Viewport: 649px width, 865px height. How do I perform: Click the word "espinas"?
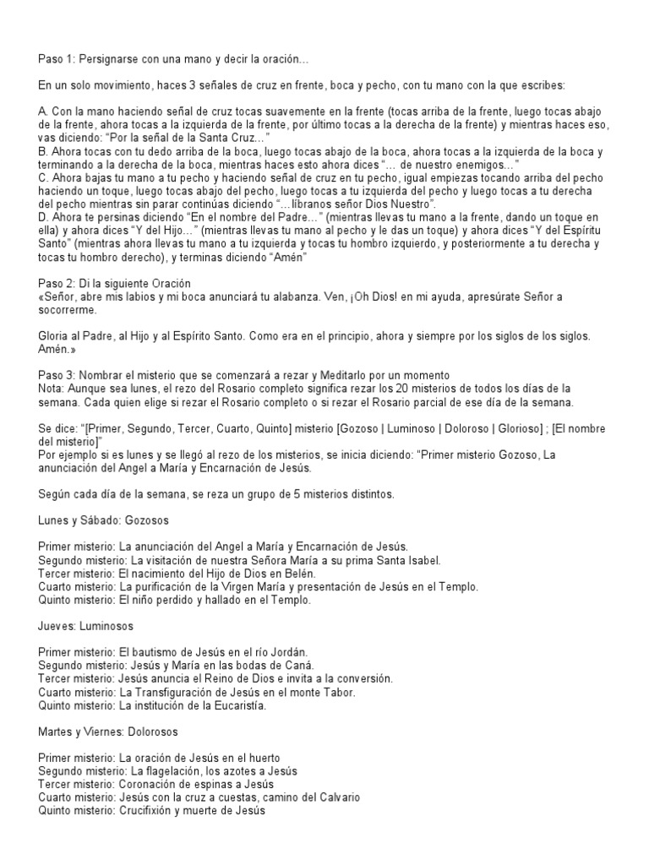coord(200,785)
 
